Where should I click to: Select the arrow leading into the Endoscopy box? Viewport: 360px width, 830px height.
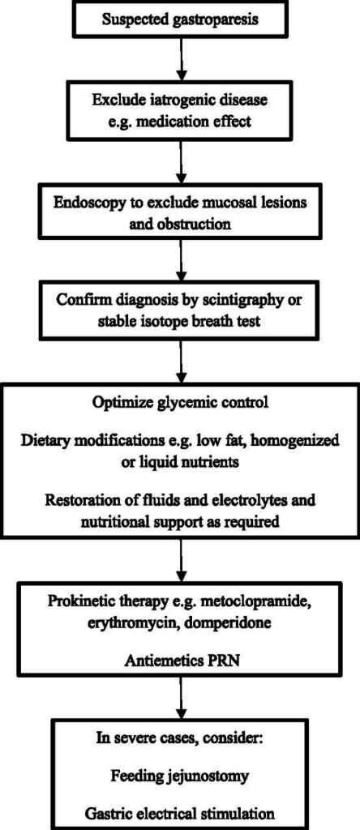[182, 160]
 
